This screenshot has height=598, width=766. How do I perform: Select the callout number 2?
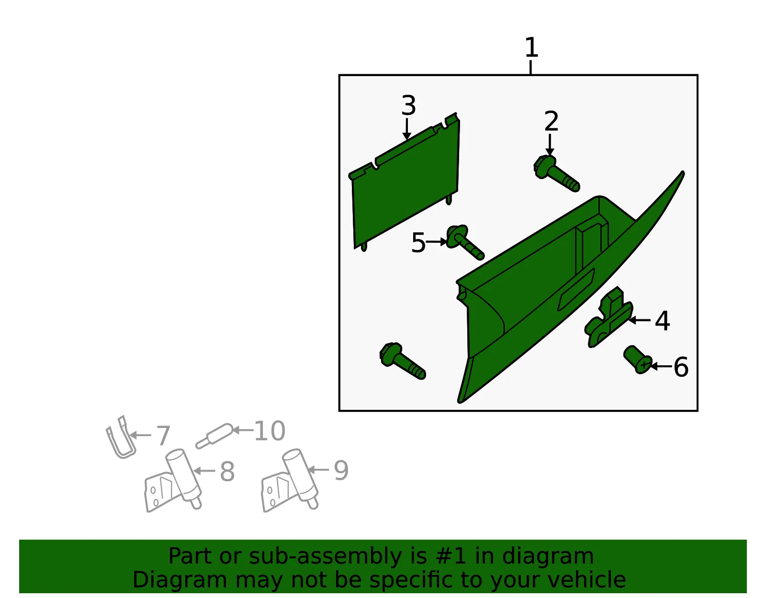click(552, 121)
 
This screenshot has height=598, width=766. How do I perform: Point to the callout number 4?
click(663, 321)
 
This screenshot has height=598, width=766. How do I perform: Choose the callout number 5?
click(418, 242)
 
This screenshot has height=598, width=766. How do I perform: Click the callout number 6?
click(681, 367)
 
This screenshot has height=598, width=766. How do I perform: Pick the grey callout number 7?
click(163, 436)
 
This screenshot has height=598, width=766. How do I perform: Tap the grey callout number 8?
click(227, 471)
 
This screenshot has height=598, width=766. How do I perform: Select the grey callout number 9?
click(341, 470)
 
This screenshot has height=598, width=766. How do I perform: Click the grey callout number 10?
click(270, 430)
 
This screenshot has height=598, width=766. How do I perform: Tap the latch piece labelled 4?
click(608, 317)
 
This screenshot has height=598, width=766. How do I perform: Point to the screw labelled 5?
click(464, 242)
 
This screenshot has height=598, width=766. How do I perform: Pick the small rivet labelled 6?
click(638, 360)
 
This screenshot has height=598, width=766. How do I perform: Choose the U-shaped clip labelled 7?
click(121, 438)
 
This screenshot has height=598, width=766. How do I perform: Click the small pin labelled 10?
click(214, 436)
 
